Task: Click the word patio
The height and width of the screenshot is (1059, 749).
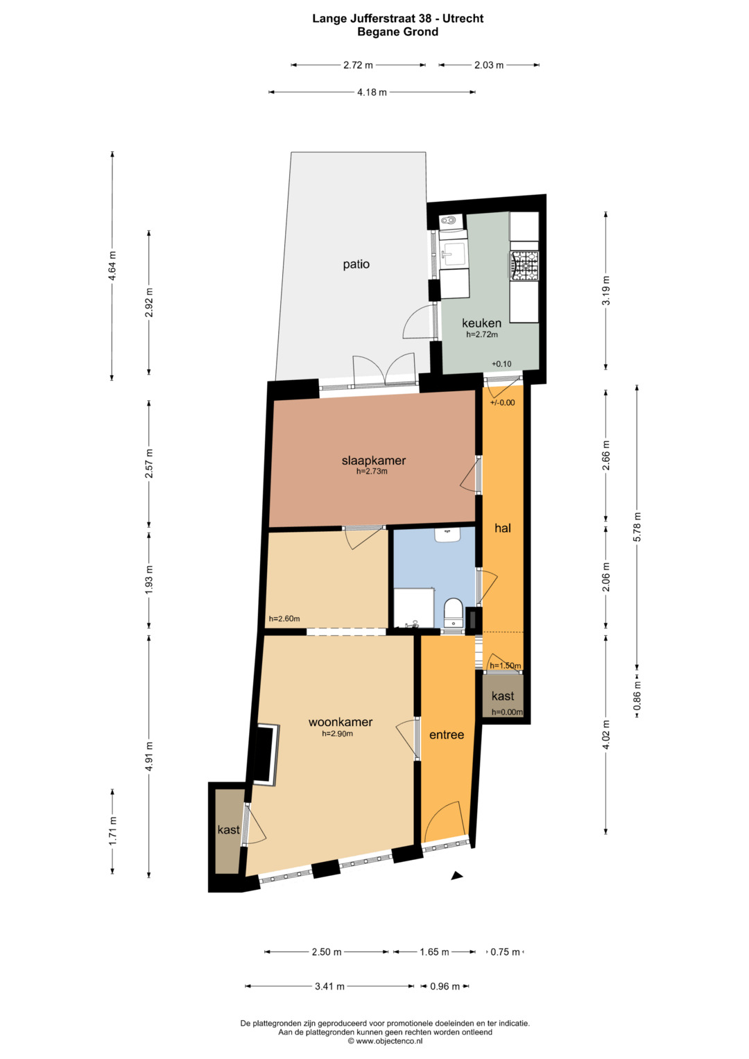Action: [356, 264]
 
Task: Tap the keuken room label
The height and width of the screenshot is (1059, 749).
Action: [481, 323]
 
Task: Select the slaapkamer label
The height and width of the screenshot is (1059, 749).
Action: [374, 460]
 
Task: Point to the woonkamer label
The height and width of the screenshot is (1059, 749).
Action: [341, 722]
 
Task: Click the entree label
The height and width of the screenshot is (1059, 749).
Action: [447, 734]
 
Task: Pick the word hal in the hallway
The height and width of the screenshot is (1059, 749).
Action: [503, 528]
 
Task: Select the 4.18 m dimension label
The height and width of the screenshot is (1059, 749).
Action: [372, 92]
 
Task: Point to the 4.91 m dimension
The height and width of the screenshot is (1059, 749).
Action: [149, 757]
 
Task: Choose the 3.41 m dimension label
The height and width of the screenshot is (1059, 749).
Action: [329, 986]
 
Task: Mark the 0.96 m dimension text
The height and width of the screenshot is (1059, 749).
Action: [445, 986]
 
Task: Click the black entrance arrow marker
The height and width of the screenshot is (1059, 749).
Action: [457, 876]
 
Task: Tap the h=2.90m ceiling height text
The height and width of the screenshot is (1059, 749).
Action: [337, 734]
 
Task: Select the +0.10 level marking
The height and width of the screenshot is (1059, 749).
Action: [501, 364]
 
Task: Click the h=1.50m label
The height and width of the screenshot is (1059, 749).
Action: [505, 666]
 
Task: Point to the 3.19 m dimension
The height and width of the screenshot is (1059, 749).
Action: [606, 291]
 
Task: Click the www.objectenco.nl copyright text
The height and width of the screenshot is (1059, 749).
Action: [386, 1041]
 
